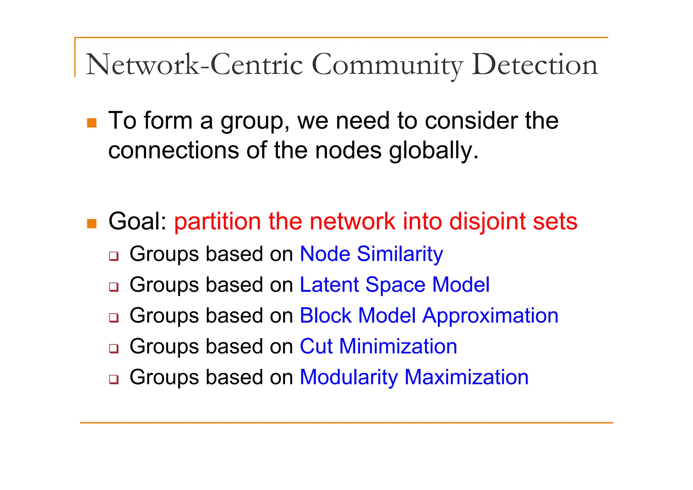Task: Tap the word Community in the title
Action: click(x=386, y=65)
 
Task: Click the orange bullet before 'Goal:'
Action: click(x=92, y=223)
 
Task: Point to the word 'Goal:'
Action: click(x=137, y=221)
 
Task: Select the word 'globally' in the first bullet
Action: click(x=433, y=150)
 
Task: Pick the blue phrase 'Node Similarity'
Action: click(x=371, y=254)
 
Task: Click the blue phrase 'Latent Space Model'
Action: click(x=395, y=285)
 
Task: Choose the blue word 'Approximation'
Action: click(x=490, y=316)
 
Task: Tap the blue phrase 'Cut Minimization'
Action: click(x=378, y=346)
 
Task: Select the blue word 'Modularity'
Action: click(x=349, y=377)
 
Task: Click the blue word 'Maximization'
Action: click(x=466, y=377)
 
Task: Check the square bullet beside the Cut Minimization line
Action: click(x=114, y=348)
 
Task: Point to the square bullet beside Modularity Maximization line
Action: click(x=114, y=379)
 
